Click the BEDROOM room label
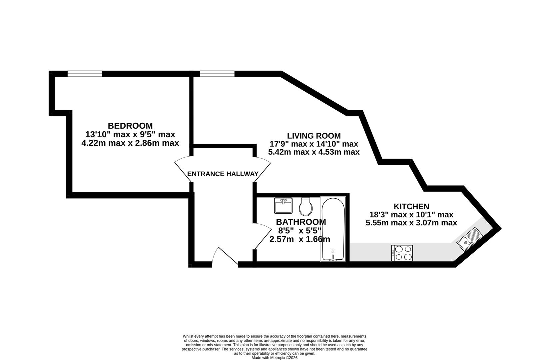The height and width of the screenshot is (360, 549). click(130, 126)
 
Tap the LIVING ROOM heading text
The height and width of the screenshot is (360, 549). click(313, 136)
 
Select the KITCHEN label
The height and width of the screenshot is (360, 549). click(411, 207)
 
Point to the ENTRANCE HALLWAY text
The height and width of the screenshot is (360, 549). click(223, 174)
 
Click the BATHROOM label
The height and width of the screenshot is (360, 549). click(300, 222)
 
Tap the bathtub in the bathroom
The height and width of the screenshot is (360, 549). click(333, 229)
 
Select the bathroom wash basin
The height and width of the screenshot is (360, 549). click(283, 205)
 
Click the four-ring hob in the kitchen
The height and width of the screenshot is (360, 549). click(402, 253)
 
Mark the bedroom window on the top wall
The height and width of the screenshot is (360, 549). click(85, 74)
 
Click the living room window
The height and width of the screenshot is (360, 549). click(217, 74)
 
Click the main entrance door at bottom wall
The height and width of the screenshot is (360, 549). click(225, 257)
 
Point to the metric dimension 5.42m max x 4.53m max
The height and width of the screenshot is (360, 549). click(313, 152)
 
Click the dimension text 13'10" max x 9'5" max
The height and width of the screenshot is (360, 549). click(130, 135)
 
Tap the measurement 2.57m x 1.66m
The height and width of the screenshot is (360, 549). click(299, 239)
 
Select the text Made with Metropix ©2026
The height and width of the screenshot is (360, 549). click(274, 358)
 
